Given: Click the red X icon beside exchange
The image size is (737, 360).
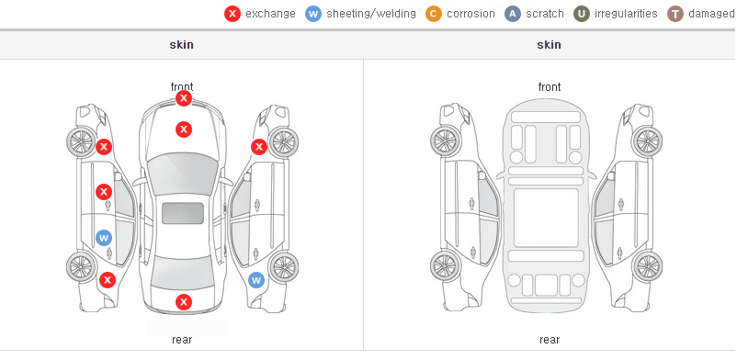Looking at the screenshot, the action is (x=232, y=14).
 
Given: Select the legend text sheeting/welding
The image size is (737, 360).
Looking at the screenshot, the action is (x=371, y=14).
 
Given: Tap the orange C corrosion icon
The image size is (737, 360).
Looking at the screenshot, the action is (x=434, y=14).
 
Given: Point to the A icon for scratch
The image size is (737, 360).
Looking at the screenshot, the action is (x=513, y=14).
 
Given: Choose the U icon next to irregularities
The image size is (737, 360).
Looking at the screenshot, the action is (x=582, y=14).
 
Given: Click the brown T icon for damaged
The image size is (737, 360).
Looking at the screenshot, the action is (x=675, y=14).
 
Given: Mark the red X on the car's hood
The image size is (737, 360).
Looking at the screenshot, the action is (x=184, y=129).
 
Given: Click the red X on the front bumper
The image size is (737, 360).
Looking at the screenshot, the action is (x=184, y=98).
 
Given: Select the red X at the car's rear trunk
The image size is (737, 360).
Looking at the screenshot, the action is (x=184, y=302).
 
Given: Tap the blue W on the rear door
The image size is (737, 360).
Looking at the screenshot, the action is (x=104, y=237).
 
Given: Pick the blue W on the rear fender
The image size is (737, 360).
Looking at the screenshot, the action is (x=256, y=281).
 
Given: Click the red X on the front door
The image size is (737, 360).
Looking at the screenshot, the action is (x=104, y=192).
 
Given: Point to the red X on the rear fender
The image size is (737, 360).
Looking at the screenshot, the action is (x=108, y=281).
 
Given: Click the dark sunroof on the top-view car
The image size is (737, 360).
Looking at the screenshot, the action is (x=183, y=213).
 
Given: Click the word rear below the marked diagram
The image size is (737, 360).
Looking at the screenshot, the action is (x=182, y=340).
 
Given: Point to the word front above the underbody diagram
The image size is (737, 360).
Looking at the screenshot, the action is (x=550, y=87).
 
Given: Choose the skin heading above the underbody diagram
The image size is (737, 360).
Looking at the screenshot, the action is (x=549, y=45).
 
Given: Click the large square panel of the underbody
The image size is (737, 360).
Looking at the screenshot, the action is (x=546, y=218).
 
